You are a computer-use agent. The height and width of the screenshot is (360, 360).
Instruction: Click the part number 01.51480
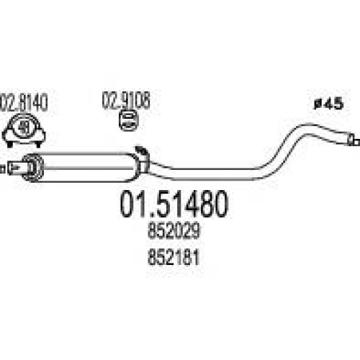(x=174, y=204)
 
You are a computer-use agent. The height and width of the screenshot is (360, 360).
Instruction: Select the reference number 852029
(x=174, y=230)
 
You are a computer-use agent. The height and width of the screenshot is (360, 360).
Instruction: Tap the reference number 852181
(x=174, y=257)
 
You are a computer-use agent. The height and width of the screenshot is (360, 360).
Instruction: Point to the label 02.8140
(x=23, y=103)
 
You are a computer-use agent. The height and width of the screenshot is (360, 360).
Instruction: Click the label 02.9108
(x=126, y=100)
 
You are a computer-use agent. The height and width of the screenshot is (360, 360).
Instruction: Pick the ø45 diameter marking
(x=329, y=104)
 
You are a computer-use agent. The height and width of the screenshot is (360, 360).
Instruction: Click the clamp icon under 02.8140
(x=24, y=130)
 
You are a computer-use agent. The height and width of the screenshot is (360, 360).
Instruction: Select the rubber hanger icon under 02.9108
(x=129, y=120)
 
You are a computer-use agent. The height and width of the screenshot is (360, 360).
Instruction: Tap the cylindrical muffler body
(x=88, y=167)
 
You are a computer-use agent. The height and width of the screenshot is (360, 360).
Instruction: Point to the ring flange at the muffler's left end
(x=32, y=168)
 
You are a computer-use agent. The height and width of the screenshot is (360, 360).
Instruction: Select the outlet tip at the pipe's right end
(x=354, y=140)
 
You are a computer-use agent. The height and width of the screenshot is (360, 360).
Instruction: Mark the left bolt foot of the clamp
(x=9, y=144)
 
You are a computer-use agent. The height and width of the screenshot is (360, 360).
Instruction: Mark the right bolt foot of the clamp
(x=37, y=144)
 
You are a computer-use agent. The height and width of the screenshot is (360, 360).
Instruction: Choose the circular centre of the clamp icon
(x=24, y=127)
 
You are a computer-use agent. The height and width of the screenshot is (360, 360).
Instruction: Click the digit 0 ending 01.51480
(x=218, y=204)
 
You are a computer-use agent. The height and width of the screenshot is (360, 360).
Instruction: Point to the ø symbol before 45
(x=318, y=104)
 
